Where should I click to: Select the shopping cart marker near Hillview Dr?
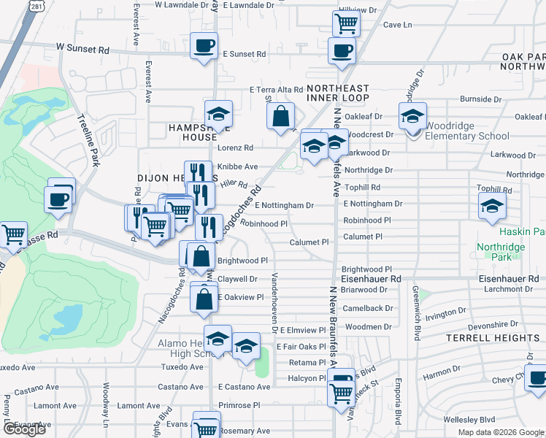(347, 23)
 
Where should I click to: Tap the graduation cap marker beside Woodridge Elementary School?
(412, 115)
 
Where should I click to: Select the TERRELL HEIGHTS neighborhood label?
(494, 338)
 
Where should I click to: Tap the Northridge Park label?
(501, 252)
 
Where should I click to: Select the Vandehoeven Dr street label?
(274, 302)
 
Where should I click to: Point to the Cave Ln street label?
(398, 25)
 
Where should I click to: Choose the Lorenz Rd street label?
(234, 147)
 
